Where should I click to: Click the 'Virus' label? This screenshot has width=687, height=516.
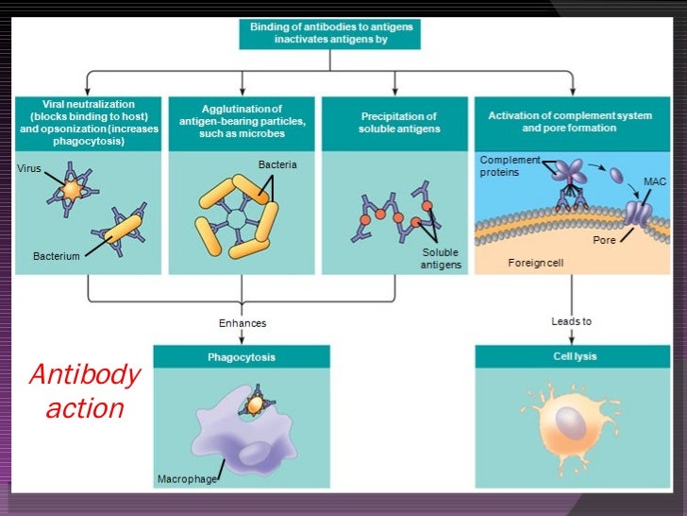click(x=29, y=168)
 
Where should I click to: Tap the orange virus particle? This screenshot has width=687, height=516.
click(x=72, y=191)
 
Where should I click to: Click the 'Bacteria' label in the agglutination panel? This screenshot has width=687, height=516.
click(x=277, y=164)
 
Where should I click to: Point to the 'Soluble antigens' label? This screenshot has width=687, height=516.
click(x=441, y=259)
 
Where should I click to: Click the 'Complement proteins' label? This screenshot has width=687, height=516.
click(x=510, y=165)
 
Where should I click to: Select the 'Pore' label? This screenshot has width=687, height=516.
click(x=604, y=241)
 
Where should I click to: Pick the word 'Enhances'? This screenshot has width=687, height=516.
click(x=243, y=323)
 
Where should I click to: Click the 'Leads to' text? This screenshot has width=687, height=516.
click(x=571, y=321)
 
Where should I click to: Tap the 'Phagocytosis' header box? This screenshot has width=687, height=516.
click(x=242, y=357)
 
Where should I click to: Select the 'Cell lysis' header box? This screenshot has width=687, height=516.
click(x=575, y=356)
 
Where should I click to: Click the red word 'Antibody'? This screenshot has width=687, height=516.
click(x=84, y=375)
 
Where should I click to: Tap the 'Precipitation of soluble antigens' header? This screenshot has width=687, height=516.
click(x=399, y=123)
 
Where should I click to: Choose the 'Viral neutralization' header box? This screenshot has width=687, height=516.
click(x=89, y=123)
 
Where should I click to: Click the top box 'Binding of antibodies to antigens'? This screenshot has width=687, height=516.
click(x=329, y=34)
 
